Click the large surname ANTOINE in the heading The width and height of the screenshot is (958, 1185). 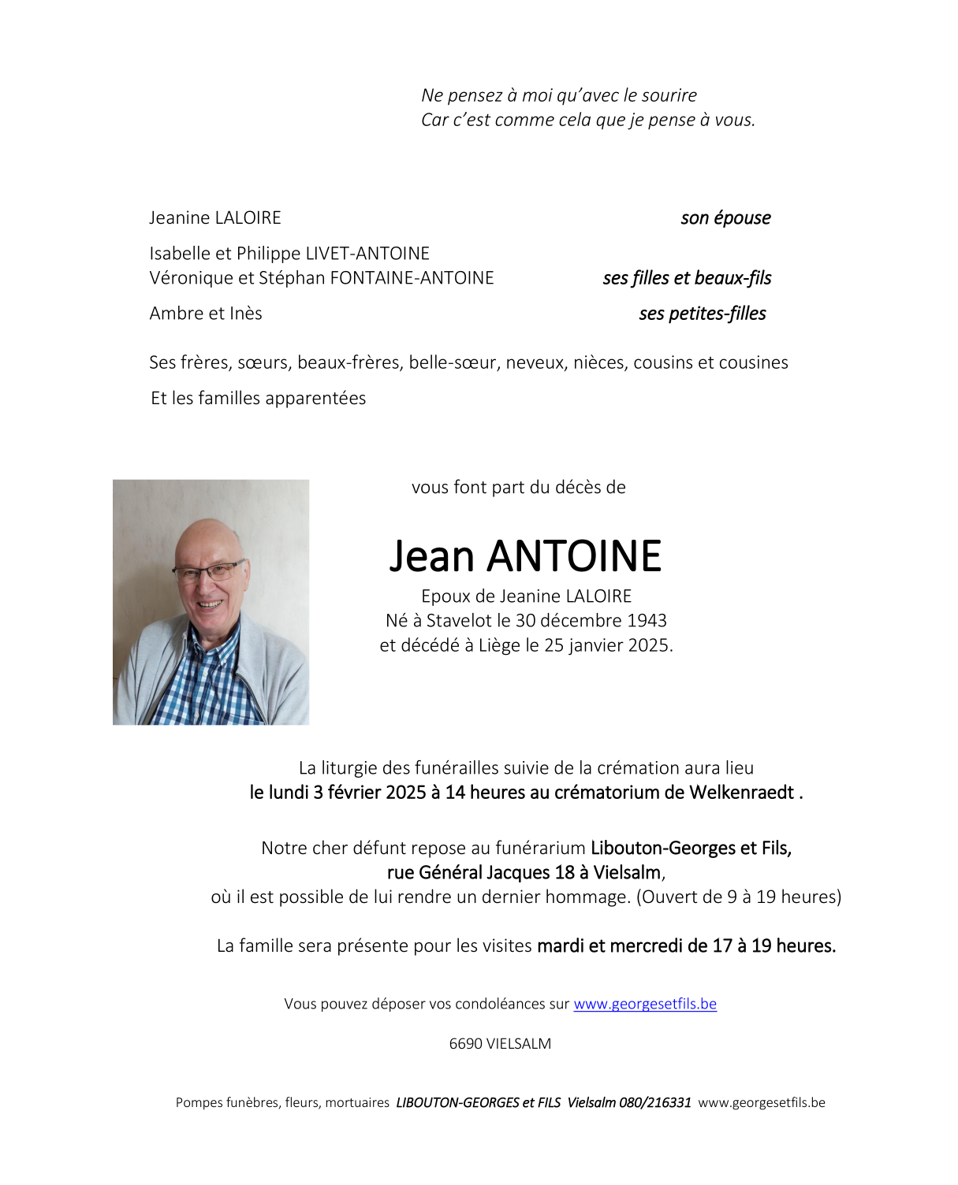pos(574,556)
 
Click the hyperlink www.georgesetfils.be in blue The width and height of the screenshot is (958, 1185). pos(644,1004)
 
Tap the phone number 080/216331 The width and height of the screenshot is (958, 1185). pos(654,1102)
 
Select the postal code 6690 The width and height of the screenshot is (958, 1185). pos(465,1044)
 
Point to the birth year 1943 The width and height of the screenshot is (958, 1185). pos(647,621)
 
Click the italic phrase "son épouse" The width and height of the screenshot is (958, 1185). pos(725,218)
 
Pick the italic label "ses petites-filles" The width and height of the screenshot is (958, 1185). pos(702,314)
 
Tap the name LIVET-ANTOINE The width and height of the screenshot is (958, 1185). pos(367,254)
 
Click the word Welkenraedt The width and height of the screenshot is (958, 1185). pos(741,793)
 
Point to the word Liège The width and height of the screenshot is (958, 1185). pos(499,645)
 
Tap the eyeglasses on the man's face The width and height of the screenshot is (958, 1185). pos(208,570)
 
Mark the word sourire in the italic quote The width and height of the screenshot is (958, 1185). pos(669,95)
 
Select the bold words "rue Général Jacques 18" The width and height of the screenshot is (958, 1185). pos(480,873)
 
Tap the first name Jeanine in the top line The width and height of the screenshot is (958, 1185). pos(179,218)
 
